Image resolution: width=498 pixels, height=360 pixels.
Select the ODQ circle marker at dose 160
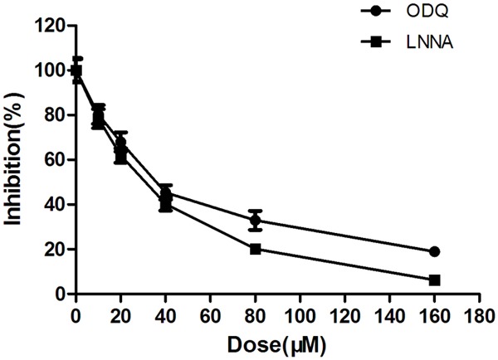(x=434, y=251)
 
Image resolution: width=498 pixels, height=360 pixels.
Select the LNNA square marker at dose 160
(x=434, y=280)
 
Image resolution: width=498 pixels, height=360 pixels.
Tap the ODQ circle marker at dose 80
(x=256, y=221)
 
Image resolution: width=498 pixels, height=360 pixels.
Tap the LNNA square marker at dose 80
(x=256, y=249)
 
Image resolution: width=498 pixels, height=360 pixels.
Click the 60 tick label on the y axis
(x=56, y=160)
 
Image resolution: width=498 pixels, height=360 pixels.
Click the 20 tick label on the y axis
(x=56, y=249)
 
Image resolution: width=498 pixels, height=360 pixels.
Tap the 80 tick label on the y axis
(x=56, y=115)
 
